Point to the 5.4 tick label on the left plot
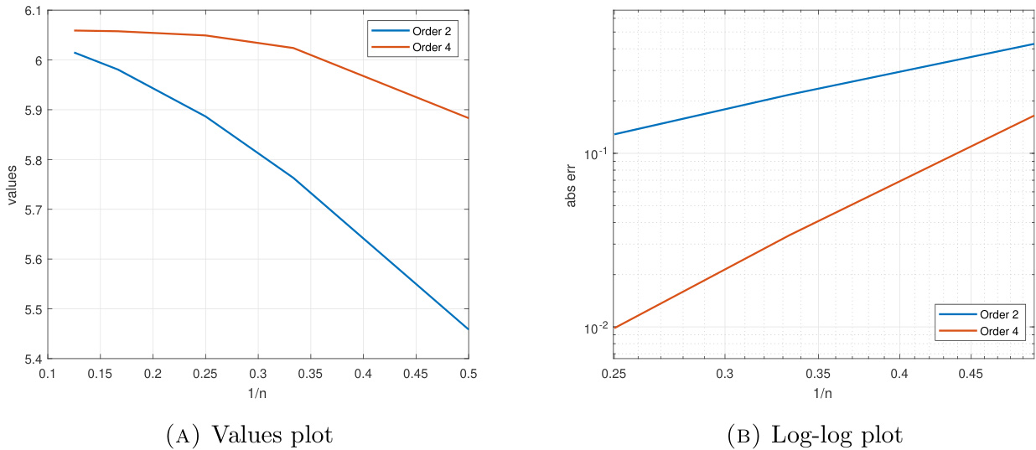[29, 359]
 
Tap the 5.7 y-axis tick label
[29, 209]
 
